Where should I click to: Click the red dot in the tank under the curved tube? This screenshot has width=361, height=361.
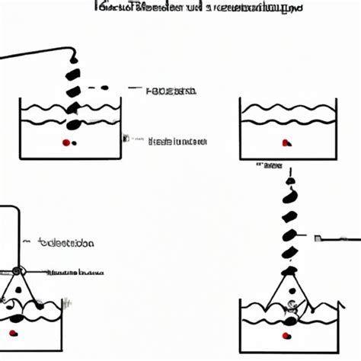66,142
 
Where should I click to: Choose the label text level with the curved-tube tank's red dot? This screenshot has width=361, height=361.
176,141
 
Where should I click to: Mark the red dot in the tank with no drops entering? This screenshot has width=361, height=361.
286,142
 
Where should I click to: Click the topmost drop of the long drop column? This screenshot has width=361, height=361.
289,181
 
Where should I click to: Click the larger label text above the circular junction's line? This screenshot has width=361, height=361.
65,244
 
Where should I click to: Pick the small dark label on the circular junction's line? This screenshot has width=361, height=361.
76,271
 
